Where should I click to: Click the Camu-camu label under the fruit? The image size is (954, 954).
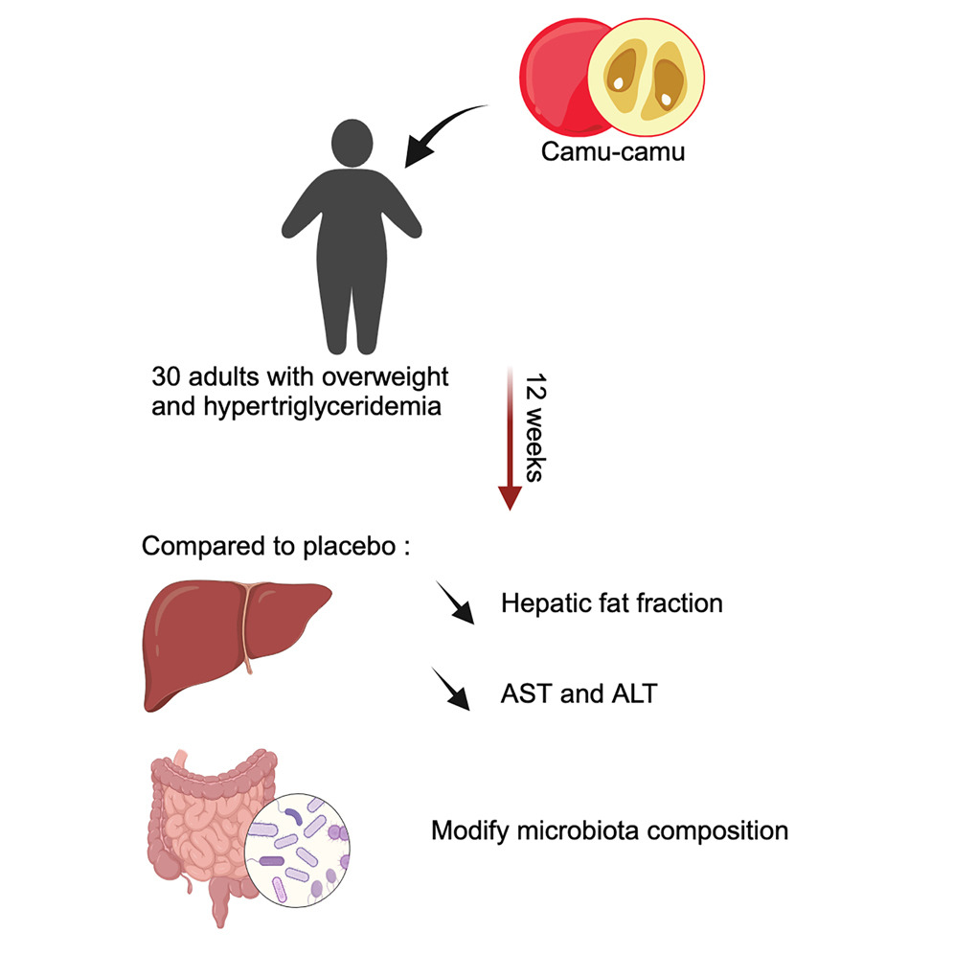(613, 151)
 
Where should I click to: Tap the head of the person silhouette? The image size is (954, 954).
(352, 143)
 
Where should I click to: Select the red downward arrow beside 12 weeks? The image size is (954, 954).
(510, 438)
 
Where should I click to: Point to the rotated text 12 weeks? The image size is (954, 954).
(535, 428)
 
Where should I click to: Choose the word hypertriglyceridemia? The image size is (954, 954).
(323, 407)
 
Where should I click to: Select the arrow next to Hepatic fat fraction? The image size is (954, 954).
(455, 602)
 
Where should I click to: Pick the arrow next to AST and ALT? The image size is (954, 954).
(451, 689)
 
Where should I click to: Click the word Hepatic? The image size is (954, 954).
(546, 604)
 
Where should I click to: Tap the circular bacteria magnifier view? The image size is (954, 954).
(297, 851)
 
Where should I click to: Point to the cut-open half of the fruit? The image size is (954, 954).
(646, 77)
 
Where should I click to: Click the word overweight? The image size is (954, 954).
(385, 377)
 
